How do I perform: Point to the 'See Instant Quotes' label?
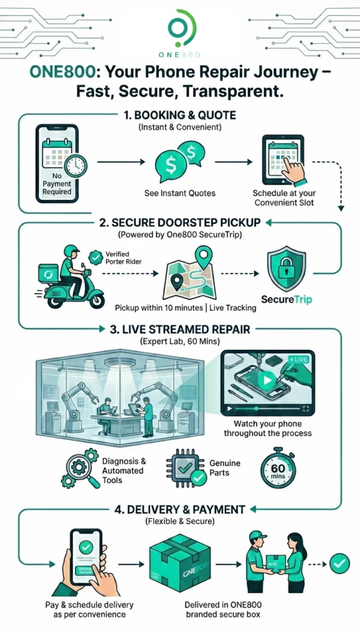[180, 193]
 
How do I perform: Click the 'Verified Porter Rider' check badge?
[95, 257]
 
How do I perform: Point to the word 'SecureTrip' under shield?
[287, 300]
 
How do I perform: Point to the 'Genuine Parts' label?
[225, 468]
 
